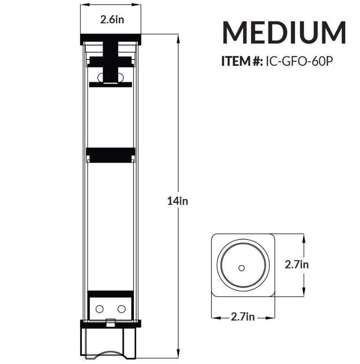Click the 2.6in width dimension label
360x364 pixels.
point(110,20)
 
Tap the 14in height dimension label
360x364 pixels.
point(178,201)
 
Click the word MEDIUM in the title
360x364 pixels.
point(284,32)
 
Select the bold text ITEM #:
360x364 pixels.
point(242,61)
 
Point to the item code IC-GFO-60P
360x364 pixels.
point(299,61)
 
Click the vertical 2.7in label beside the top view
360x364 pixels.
point(297,264)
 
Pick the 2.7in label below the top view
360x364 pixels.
point(243,317)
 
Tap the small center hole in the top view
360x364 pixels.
point(242,268)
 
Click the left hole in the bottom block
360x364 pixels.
point(99,308)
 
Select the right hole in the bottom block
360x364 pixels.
point(121,308)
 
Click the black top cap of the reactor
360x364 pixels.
point(110,39)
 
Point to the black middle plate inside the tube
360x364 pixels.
point(110,155)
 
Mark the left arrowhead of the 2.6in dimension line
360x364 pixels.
point(82,5)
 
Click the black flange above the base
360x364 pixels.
point(110,324)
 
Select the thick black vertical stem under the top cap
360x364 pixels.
point(110,63)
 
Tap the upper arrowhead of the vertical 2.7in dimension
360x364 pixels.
point(304,237)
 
